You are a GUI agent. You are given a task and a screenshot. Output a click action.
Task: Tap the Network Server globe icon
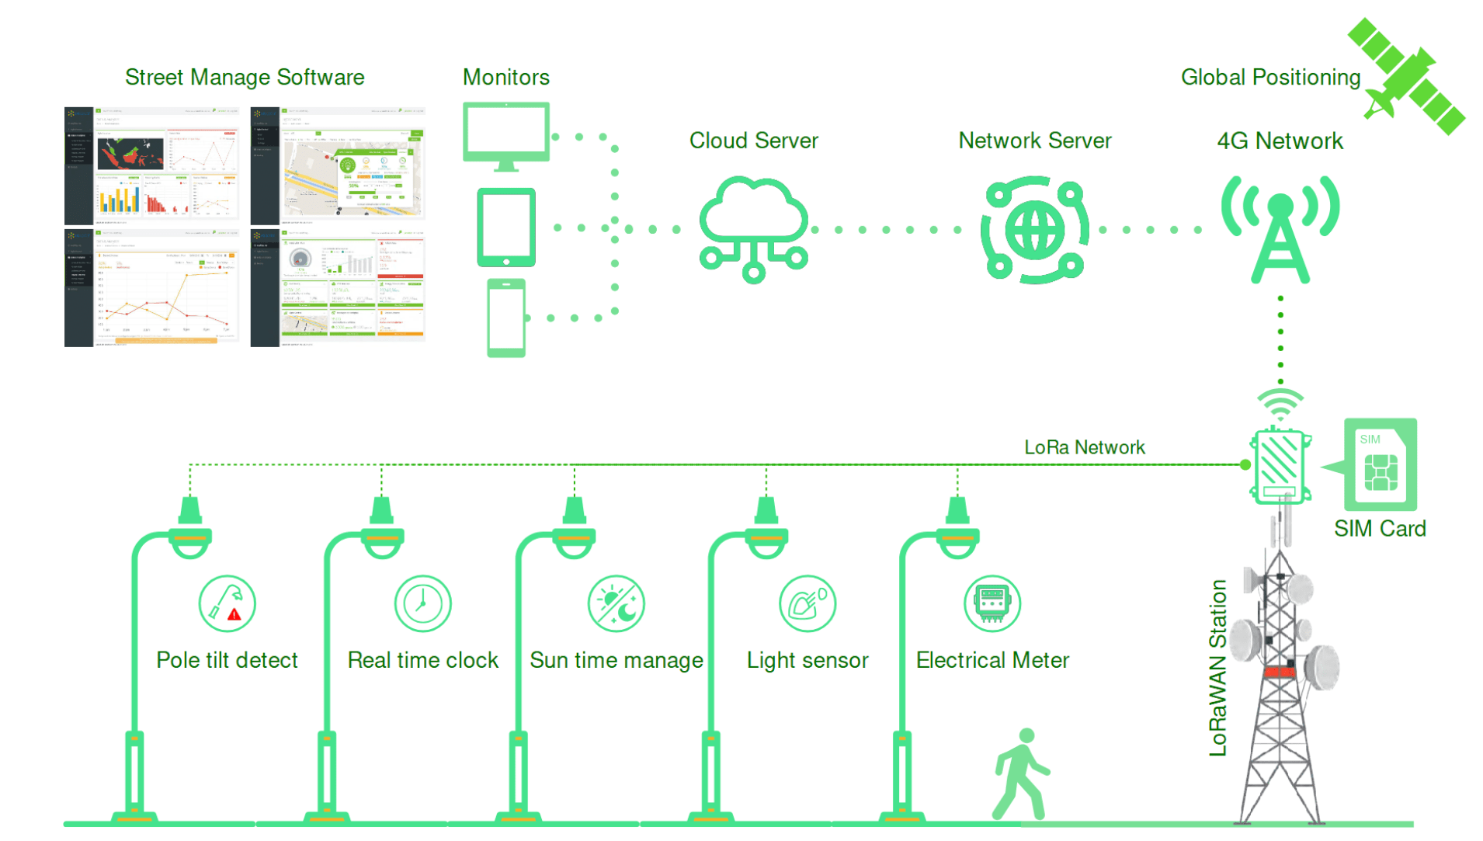[1034, 229]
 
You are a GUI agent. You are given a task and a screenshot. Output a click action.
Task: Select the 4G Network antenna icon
[1280, 228]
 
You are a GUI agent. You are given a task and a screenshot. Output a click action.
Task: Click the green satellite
[1406, 76]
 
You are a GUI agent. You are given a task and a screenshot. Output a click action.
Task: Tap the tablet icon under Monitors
[506, 227]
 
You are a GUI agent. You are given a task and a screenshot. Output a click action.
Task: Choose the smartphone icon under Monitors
[506, 318]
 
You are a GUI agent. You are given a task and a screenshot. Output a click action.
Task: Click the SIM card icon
[1381, 465]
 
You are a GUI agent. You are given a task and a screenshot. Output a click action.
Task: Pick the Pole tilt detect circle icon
[227, 603]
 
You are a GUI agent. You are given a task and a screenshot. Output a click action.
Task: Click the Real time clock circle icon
[422, 603]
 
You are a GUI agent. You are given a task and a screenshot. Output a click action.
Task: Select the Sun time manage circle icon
[616, 603]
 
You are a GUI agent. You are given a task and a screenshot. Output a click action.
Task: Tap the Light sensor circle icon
[807, 603]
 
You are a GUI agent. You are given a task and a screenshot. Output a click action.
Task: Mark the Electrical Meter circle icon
[992, 603]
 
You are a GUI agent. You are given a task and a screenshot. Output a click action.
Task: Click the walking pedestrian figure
[1022, 773]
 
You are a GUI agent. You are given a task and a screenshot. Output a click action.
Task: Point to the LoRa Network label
[1084, 447]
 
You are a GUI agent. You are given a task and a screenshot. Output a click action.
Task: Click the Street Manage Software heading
[245, 77]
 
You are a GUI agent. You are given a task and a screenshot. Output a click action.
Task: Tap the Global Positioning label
[1270, 77]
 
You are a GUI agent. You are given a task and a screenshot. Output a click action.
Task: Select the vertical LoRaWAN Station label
[1217, 668]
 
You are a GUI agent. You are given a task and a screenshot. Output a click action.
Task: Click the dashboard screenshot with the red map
[152, 165]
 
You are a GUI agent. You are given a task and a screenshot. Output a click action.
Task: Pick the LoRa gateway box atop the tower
[1279, 466]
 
